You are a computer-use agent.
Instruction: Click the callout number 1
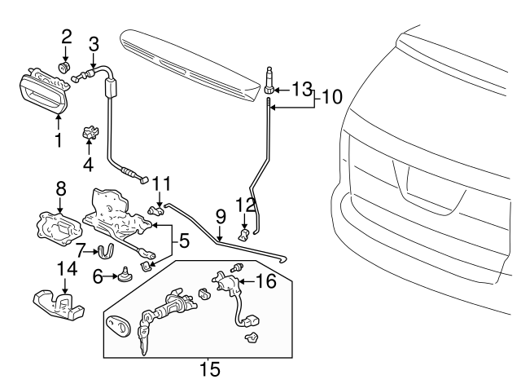(x=58, y=139)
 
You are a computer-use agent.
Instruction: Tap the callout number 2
(x=67, y=36)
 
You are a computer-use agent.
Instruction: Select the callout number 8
(x=61, y=188)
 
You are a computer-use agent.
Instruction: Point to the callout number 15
(x=210, y=369)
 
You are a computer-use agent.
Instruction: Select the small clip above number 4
(x=90, y=132)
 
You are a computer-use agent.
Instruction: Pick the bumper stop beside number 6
(x=126, y=275)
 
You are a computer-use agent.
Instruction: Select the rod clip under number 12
(x=243, y=236)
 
